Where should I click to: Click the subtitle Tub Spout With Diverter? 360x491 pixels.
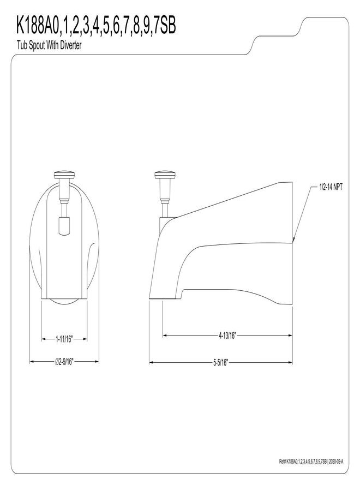(49, 45)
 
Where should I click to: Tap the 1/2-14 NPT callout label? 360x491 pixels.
(331, 188)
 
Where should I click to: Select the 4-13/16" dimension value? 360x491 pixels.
(227, 336)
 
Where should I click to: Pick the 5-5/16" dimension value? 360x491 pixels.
(221, 363)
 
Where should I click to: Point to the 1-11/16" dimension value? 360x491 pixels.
(64, 339)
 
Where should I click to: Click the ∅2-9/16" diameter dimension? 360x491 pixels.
(64, 362)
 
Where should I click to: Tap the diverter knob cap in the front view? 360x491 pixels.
(64, 175)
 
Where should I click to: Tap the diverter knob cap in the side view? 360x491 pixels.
(165, 175)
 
